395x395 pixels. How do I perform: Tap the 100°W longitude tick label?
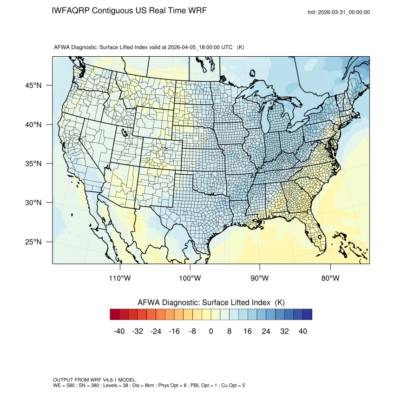pyautogui.click(x=190, y=278)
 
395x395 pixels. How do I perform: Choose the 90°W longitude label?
pyautogui.click(x=260, y=278)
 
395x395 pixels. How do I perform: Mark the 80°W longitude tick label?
pyautogui.click(x=330, y=278)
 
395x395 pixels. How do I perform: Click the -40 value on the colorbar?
pyautogui.click(x=119, y=331)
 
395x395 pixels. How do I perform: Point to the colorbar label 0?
pyautogui.click(x=211, y=331)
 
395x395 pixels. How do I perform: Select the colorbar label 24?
pyautogui.click(x=266, y=331)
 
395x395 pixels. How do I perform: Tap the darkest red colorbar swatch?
pyautogui.click(x=115, y=315)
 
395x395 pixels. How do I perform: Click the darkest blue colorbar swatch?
pyautogui.click(x=307, y=315)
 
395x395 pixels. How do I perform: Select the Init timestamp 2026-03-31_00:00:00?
pyautogui.click(x=344, y=13)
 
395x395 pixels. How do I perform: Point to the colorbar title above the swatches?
pyautogui.click(x=211, y=303)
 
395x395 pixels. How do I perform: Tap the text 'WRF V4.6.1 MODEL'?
pyautogui.click(x=111, y=380)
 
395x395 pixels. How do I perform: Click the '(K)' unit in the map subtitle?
pyautogui.click(x=241, y=47)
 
